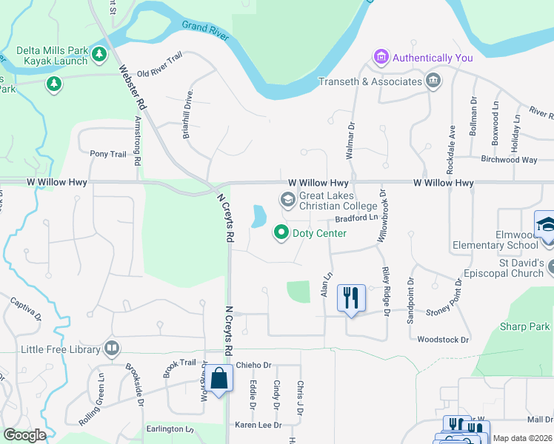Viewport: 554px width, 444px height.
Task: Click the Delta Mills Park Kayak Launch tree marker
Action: (x=99, y=54)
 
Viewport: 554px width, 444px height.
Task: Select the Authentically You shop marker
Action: (x=381, y=57)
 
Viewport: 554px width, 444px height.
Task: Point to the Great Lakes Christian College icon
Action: (x=287, y=199)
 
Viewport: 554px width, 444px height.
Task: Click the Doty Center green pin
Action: (x=281, y=233)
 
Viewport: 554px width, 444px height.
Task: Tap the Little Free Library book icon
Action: (x=112, y=347)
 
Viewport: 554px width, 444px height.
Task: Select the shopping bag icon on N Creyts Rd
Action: (x=220, y=379)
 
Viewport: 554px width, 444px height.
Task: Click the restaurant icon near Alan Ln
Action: (x=350, y=298)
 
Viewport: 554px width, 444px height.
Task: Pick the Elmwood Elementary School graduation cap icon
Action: (x=544, y=223)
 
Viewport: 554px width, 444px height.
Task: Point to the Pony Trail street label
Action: (x=108, y=154)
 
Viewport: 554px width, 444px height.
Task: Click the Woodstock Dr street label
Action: (x=444, y=340)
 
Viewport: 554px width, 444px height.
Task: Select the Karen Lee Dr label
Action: (x=258, y=425)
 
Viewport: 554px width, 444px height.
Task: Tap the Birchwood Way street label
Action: (x=509, y=159)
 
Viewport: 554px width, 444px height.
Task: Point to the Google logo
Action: (x=24, y=435)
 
